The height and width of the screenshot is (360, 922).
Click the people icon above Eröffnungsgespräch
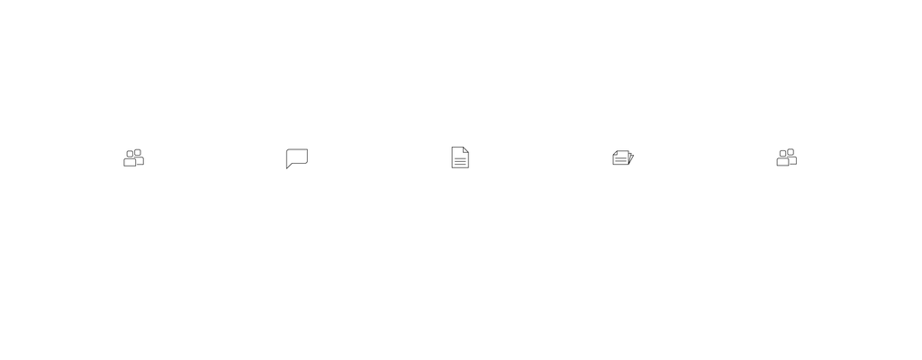coord(133,157)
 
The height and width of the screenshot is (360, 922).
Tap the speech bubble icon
coord(296,157)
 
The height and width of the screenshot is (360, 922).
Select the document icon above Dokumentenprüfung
coord(459,157)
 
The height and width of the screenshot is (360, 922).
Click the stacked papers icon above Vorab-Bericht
coord(623,157)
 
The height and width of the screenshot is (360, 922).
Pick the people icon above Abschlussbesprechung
coord(786,157)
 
